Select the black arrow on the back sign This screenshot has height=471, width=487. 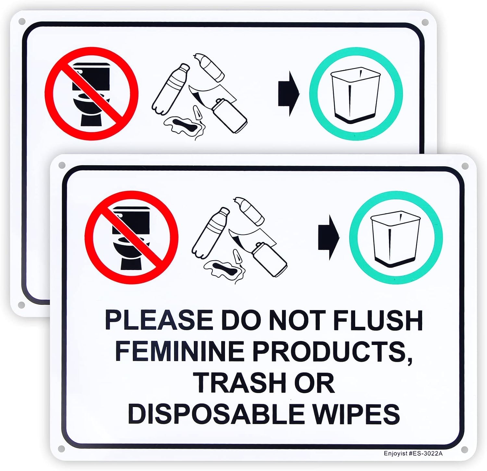(289, 94)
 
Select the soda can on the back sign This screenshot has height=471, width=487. (229, 115)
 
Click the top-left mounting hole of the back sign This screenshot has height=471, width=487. (22, 22)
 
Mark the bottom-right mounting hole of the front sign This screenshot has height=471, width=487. (465, 449)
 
